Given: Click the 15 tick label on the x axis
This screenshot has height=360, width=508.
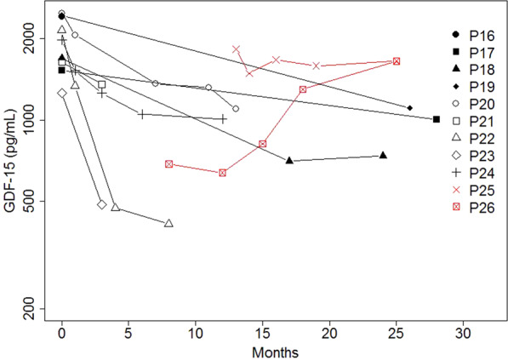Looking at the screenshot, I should tap(262, 332).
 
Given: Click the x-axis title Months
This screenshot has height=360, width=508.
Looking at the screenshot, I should tap(262, 351).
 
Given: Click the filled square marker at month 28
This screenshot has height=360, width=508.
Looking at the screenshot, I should tap(437, 119).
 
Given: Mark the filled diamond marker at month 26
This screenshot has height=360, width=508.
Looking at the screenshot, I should tap(410, 108).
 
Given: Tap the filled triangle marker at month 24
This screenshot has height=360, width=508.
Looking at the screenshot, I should tap(383, 155).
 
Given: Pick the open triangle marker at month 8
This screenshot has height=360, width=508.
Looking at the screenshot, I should tap(168, 223).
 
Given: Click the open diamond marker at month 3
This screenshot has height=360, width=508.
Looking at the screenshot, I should tap(102, 204).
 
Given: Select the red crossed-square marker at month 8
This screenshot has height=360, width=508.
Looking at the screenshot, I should tap(168, 163).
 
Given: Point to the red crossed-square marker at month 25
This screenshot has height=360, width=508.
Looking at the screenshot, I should tap(397, 61).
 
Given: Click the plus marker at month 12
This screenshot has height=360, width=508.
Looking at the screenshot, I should tap(222, 119).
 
